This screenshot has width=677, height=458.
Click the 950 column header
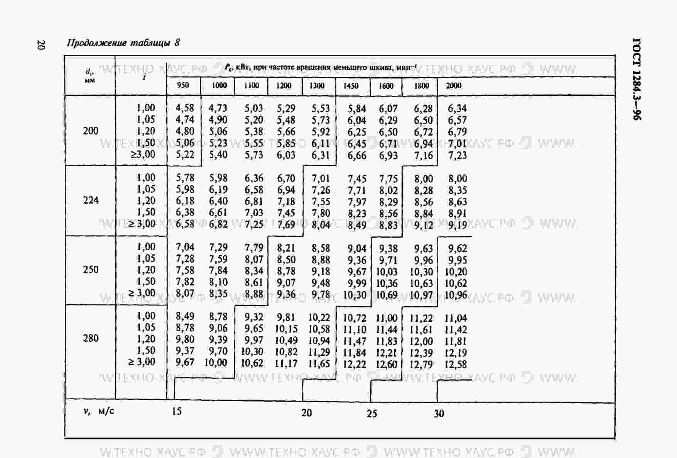(x=183, y=85)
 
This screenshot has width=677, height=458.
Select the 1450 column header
(x=351, y=86)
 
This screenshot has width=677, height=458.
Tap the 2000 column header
(x=454, y=86)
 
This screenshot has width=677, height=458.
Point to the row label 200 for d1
(x=91, y=131)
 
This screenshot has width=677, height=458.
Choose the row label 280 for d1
(x=91, y=338)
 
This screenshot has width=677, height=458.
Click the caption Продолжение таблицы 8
(x=123, y=43)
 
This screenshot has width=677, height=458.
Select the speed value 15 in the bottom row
(x=177, y=411)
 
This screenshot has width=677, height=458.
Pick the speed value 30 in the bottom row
(x=439, y=414)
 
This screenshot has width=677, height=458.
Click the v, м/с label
(x=99, y=411)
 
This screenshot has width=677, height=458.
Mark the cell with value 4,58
(x=185, y=108)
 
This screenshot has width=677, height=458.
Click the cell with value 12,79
(x=421, y=364)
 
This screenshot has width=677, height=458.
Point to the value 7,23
(x=457, y=155)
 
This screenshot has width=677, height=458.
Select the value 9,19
(x=458, y=225)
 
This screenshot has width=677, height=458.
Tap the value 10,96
(x=456, y=295)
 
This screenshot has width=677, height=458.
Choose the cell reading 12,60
(x=387, y=364)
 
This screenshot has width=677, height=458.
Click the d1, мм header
(x=89, y=76)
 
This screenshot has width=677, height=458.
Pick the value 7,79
(x=254, y=247)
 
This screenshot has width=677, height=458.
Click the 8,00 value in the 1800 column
(x=424, y=179)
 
